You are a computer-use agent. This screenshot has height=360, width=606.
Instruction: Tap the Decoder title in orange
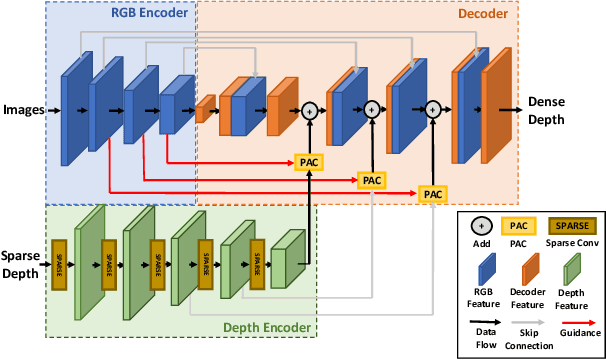pos(482,14)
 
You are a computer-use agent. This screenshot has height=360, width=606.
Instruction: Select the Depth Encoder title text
pos(265,326)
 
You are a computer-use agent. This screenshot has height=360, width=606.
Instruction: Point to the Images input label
pos(22,108)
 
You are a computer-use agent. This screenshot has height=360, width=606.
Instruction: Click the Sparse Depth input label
pos(20,264)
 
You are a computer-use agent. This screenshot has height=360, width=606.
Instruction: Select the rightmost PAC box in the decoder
pos(432,193)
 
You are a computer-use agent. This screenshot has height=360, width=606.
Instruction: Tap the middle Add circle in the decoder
pos(372,108)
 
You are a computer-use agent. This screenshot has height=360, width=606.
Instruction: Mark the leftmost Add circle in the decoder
pos(310,108)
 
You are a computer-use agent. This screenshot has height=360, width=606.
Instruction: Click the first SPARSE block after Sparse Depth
pos(58,264)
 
